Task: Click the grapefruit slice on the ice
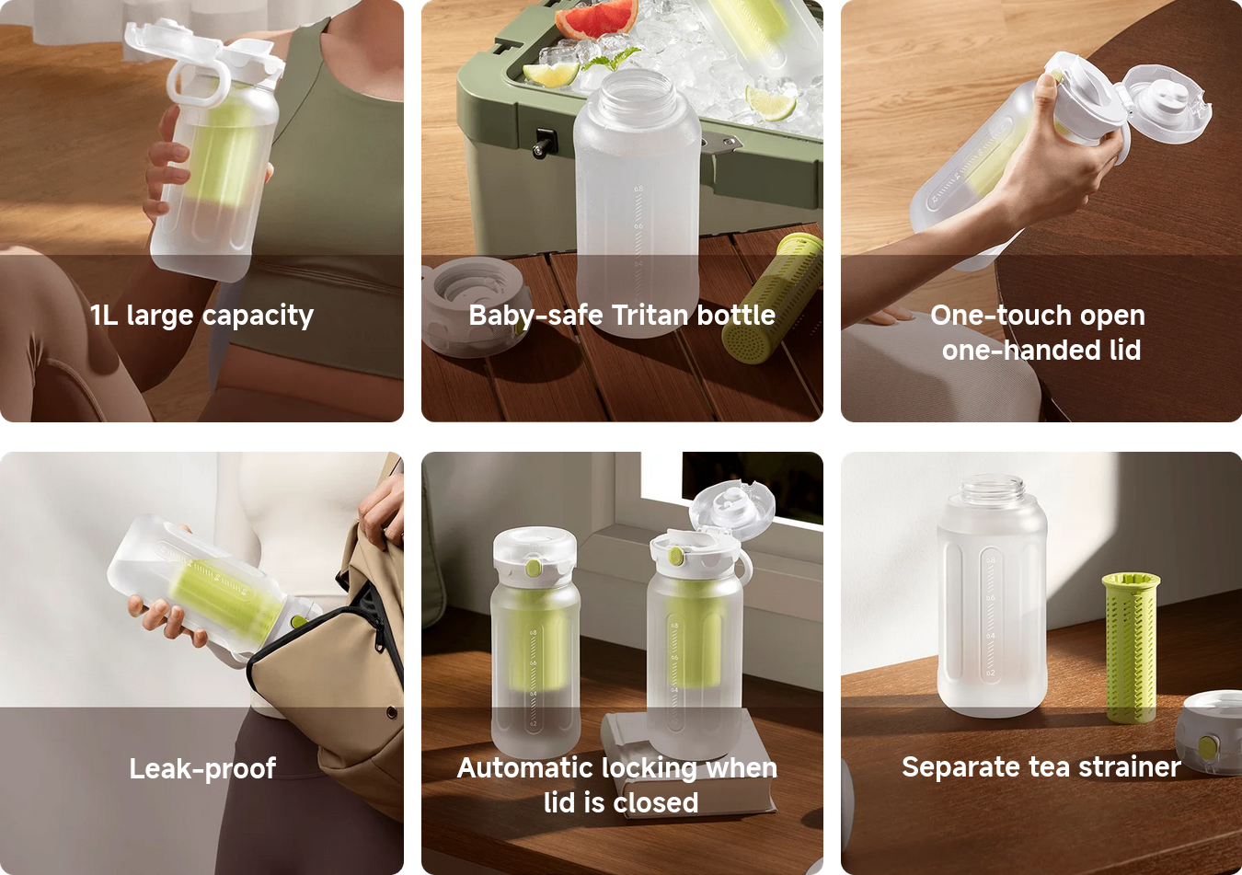tap(597, 17)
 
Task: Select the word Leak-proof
tap(202, 769)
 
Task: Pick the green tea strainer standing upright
tap(1131, 648)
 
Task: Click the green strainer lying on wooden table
tap(772, 298)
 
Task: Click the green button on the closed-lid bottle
tap(534, 568)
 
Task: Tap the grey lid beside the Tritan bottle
tap(475, 306)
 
